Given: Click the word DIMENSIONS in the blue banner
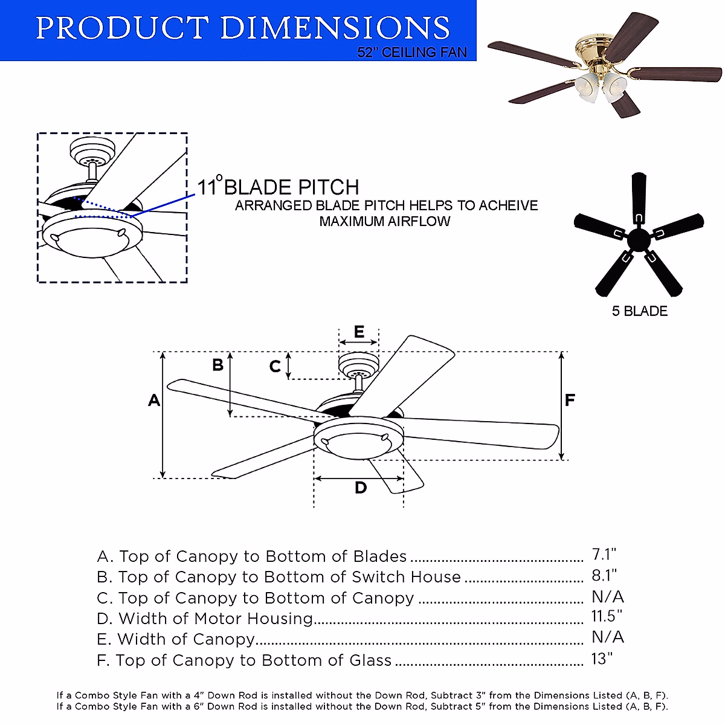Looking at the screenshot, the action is pyautogui.click(x=335, y=28).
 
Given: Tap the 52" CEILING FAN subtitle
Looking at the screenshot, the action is pyautogui.click(x=412, y=53).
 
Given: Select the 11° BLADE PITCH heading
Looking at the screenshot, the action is pyautogui.click(x=279, y=187).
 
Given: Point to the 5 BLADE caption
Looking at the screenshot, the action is pyautogui.click(x=640, y=311).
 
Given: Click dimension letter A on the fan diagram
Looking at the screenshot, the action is pyautogui.click(x=154, y=400).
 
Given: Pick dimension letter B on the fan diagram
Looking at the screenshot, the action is pyautogui.click(x=217, y=365).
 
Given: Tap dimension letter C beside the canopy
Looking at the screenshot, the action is pyautogui.click(x=275, y=366).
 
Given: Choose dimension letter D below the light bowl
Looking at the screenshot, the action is pyautogui.click(x=361, y=488).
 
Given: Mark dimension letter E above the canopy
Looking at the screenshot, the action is pyautogui.click(x=359, y=332).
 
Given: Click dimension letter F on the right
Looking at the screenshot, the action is pyautogui.click(x=570, y=400).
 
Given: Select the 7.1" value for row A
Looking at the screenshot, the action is pyautogui.click(x=604, y=555).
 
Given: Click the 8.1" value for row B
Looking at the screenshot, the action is pyautogui.click(x=605, y=575).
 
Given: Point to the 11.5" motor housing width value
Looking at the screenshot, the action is pyautogui.click(x=607, y=616).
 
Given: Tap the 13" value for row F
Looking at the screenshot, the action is pyautogui.click(x=602, y=658).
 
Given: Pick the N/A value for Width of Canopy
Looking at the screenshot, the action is pyautogui.click(x=608, y=637).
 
